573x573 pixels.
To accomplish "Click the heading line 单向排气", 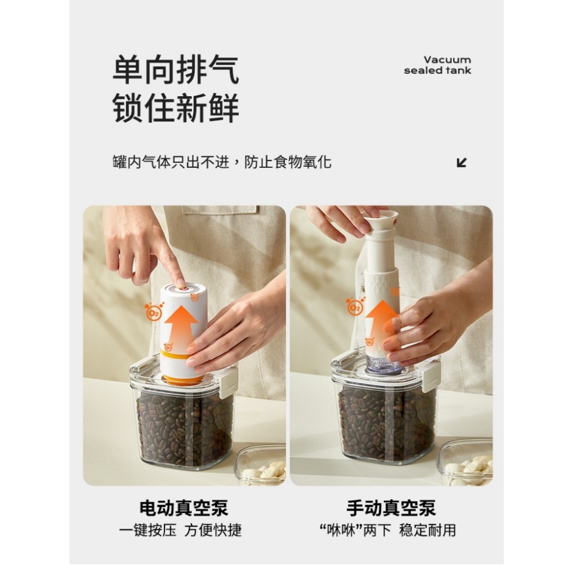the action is [176, 69].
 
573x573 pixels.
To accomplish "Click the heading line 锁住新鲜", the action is [176, 108].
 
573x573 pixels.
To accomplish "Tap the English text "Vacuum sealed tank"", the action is [437, 65].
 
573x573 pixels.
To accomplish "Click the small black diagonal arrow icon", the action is [462, 163].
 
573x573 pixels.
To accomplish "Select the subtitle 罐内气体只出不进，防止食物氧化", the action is [222, 162].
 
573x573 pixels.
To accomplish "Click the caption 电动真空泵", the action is [184, 508].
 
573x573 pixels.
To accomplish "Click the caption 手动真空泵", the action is [391, 508].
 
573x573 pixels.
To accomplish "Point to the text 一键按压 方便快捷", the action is [180, 530].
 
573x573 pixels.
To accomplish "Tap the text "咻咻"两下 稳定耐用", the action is [387, 530].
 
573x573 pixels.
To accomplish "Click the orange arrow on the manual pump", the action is [381, 321].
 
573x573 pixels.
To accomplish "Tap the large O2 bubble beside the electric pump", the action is [154, 312].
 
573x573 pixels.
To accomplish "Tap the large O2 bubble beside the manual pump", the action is [354, 307].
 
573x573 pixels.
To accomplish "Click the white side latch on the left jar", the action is [229, 382].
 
